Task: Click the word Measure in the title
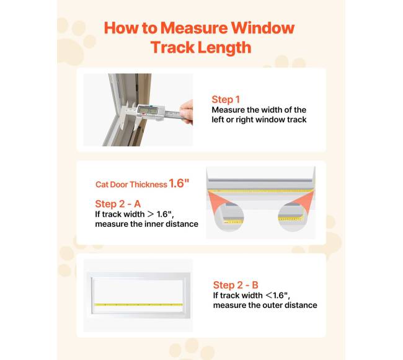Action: click(x=194, y=28)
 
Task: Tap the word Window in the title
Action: click(x=263, y=28)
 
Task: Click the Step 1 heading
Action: click(x=226, y=99)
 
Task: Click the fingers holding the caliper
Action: click(x=187, y=112)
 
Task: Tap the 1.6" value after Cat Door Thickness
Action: click(x=179, y=183)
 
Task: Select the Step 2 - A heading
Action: click(x=118, y=204)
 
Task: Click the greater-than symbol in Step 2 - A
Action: click(x=151, y=214)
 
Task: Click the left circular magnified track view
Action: click(x=229, y=216)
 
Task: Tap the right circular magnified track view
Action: click(x=292, y=216)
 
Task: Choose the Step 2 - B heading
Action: click(x=236, y=285)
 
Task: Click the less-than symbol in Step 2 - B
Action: click(x=269, y=296)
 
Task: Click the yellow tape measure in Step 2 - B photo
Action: click(x=138, y=305)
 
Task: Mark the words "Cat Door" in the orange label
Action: click(x=112, y=185)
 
